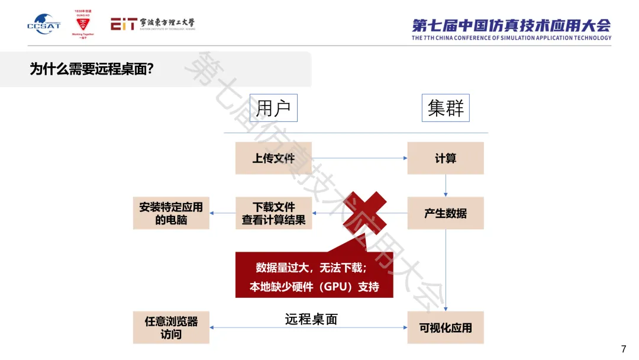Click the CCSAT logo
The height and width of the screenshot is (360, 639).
click(x=43, y=24)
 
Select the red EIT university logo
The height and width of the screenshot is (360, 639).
click(x=152, y=24)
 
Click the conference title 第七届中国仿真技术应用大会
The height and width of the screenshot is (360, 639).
click(x=511, y=25)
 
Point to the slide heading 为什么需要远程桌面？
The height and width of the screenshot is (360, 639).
click(x=92, y=69)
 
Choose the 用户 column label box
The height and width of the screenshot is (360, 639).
click(x=273, y=108)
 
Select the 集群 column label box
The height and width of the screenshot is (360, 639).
click(x=446, y=108)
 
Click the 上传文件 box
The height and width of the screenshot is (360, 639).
click(x=273, y=158)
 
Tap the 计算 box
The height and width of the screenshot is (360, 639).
click(x=446, y=158)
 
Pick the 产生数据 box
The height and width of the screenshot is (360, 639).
click(x=446, y=213)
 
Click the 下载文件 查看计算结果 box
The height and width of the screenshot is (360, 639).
click(x=273, y=213)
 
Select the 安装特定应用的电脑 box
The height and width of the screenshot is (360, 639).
click(x=171, y=213)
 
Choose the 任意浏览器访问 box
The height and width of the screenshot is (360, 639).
click(x=171, y=327)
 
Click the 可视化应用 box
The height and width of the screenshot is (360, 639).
click(x=446, y=327)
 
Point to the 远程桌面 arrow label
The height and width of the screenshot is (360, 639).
click(x=311, y=320)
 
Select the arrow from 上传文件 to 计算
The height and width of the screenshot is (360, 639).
click(x=359, y=158)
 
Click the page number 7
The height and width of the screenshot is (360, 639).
click(x=623, y=349)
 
